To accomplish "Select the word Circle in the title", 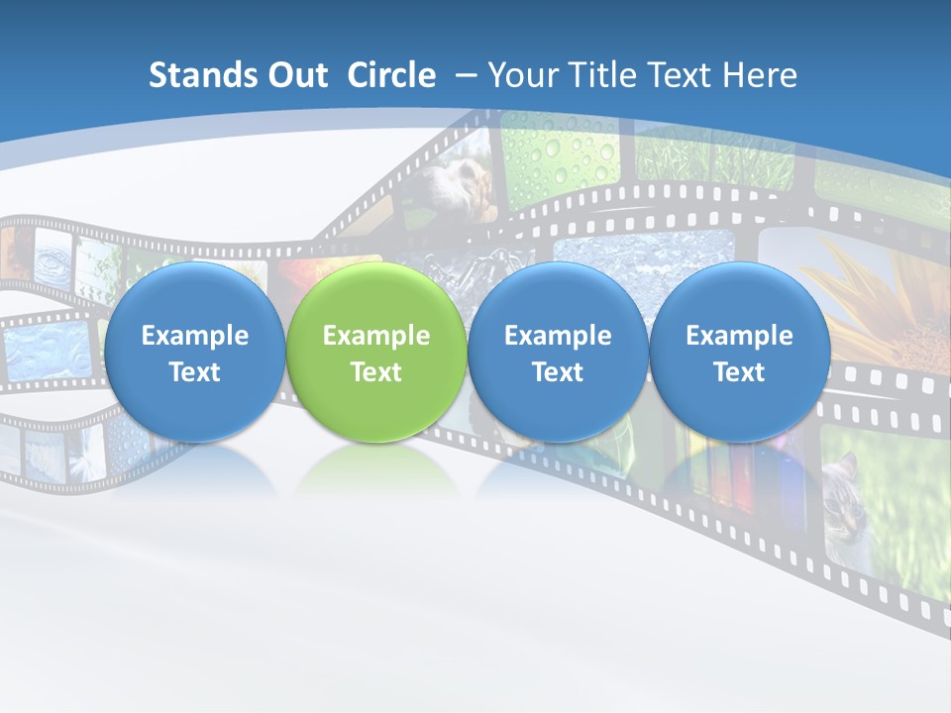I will (x=391, y=75).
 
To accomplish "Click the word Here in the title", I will (x=760, y=75).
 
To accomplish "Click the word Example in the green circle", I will (x=376, y=336).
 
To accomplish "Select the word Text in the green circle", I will (x=376, y=372).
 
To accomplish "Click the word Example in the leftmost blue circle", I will (x=195, y=336).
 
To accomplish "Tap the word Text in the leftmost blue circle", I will (x=195, y=372).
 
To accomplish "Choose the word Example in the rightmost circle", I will (x=739, y=336).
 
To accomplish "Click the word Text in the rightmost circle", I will (x=739, y=372).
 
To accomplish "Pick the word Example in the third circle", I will (x=558, y=336).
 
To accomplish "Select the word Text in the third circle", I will (x=558, y=372).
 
